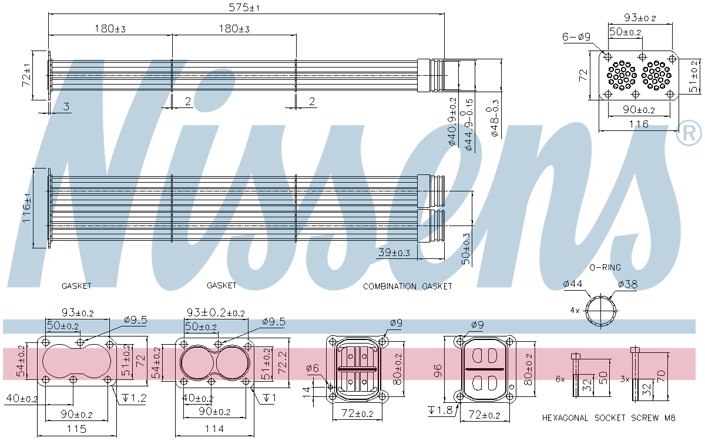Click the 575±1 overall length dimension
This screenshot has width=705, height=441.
click(x=246, y=8)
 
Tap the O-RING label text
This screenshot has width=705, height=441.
click(x=605, y=268)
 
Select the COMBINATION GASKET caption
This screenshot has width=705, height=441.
click(x=407, y=287)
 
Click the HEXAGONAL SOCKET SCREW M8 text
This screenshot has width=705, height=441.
click(x=609, y=418)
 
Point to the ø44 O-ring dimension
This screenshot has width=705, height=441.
click(x=572, y=284)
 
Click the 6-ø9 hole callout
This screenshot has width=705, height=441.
click(x=576, y=37)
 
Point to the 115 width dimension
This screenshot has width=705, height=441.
click(x=76, y=429)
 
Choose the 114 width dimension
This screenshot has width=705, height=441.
click(x=214, y=429)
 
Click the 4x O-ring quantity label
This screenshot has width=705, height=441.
click(x=575, y=309)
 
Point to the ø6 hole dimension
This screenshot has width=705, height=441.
click(x=312, y=368)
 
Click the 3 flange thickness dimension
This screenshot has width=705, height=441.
click(x=66, y=106)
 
